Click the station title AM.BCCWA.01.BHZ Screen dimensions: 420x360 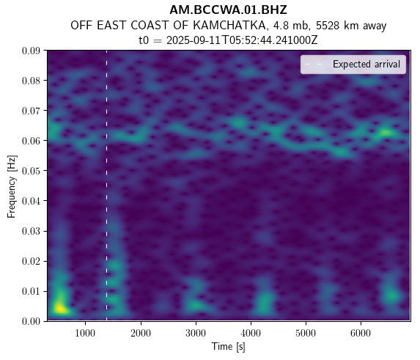228,10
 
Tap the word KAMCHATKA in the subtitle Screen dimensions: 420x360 229,26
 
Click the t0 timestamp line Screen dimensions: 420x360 228,40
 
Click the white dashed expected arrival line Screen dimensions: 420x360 106,185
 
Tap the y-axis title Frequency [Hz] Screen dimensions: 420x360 12,186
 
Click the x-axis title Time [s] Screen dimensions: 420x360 228,347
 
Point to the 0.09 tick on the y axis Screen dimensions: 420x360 31,51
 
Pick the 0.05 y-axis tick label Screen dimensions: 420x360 31,171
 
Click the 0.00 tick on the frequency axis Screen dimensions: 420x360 31,321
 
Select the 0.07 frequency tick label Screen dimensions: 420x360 31,111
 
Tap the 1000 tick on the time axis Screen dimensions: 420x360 85,333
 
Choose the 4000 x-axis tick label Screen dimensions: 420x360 251,333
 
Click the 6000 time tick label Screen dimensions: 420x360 361,333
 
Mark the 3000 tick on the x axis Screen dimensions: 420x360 196,333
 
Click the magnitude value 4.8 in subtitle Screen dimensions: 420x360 279,26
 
